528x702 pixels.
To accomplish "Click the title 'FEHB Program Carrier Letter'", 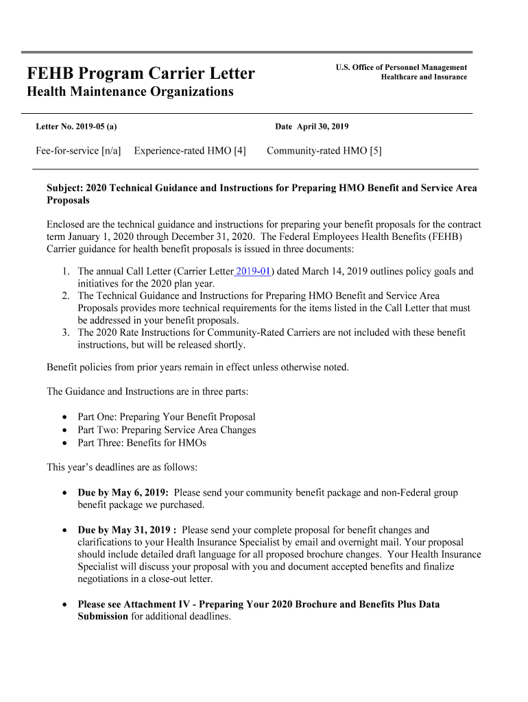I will (x=141, y=73).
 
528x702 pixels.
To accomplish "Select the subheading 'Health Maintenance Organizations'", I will (x=130, y=92).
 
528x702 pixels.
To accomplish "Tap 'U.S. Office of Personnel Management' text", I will (x=401, y=67).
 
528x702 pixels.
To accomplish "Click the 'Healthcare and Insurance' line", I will (x=424, y=77).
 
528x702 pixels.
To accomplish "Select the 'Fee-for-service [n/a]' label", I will (x=78, y=151).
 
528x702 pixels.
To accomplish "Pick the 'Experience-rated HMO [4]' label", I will (x=190, y=151).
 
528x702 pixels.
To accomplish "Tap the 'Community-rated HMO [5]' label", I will (x=324, y=151).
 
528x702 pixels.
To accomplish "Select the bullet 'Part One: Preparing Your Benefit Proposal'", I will (x=167, y=417).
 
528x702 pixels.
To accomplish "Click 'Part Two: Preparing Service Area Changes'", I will (x=167, y=430).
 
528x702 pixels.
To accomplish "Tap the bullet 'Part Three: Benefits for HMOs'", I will (x=142, y=443).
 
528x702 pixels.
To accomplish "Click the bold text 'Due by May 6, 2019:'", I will (x=123, y=493).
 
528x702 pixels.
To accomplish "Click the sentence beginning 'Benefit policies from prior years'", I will (x=197, y=367).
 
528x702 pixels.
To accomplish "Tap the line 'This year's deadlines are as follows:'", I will (x=122, y=468).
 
